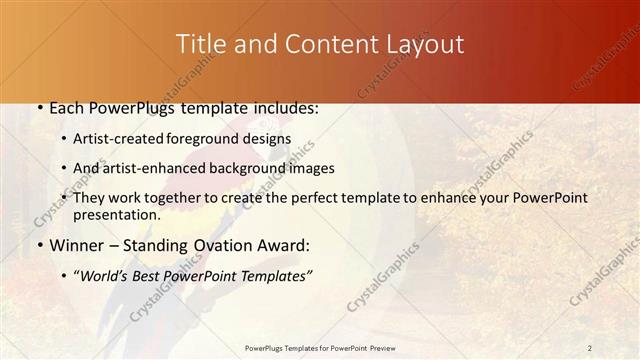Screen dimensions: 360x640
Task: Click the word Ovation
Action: tap(225, 246)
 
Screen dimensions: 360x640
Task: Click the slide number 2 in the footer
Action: tap(590, 347)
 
